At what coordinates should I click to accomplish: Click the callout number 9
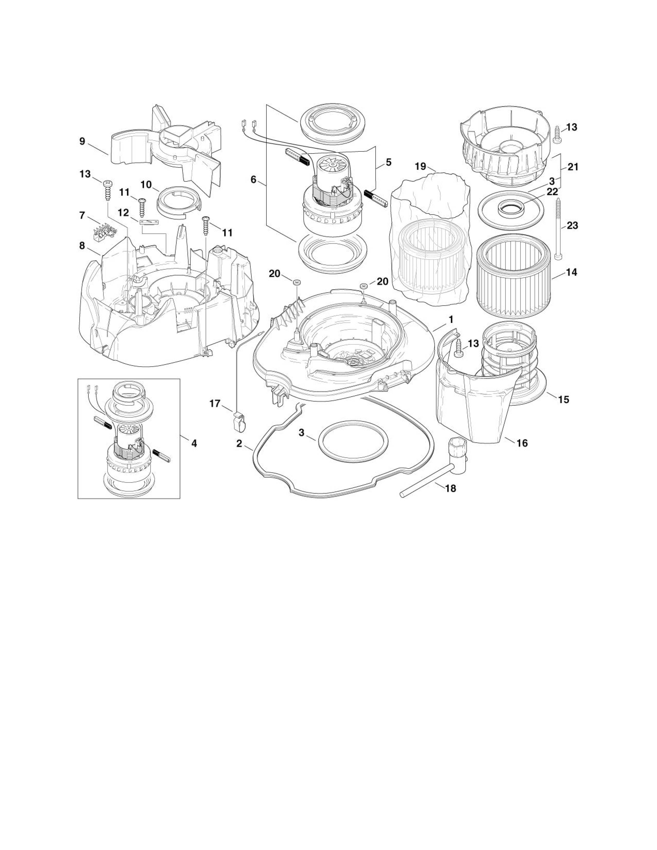[82, 141]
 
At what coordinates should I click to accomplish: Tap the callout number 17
[215, 404]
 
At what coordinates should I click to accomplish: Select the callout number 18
[450, 488]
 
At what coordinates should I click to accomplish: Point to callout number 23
[572, 225]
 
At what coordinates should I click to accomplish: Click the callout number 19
[420, 167]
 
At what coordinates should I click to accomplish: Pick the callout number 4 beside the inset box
[194, 443]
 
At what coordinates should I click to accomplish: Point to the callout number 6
[253, 180]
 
